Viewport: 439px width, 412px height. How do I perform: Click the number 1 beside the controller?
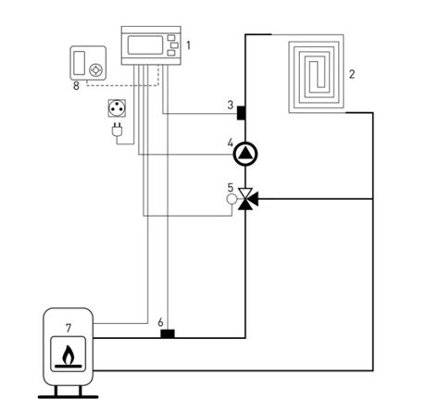pyautogui.click(x=188, y=45)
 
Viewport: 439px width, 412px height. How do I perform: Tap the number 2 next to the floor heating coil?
pyautogui.click(x=352, y=74)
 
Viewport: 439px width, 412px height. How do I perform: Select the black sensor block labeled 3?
pyautogui.click(x=241, y=113)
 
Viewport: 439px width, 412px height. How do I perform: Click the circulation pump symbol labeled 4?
pyautogui.click(x=245, y=154)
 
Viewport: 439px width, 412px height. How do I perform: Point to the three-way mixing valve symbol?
pyautogui.click(x=247, y=199)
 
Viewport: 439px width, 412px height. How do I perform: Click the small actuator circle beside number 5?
pyautogui.click(x=232, y=199)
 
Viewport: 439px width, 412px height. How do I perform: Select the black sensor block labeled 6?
pyautogui.click(x=168, y=333)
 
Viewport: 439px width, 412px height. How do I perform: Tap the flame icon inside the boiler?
pyautogui.click(x=69, y=355)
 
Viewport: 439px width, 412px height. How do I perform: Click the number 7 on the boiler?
pyautogui.click(x=69, y=328)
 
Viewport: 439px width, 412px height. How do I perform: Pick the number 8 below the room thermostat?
pyautogui.click(x=76, y=85)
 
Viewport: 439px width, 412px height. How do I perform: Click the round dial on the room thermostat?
pyautogui.click(x=95, y=70)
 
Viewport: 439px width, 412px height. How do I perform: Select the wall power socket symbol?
pyautogui.click(x=117, y=108)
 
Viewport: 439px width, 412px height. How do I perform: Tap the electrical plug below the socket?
pyautogui.click(x=117, y=130)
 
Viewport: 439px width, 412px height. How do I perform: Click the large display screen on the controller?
pyautogui.click(x=145, y=45)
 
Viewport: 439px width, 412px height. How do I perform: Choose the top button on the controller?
pyautogui.click(x=171, y=38)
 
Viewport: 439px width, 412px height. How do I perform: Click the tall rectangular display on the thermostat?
pyautogui.click(x=80, y=63)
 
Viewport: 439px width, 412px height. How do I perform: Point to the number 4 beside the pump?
pyautogui.click(x=231, y=143)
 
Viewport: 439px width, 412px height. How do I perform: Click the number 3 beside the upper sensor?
pyautogui.click(x=231, y=106)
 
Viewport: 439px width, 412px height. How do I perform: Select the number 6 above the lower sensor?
pyautogui.click(x=160, y=322)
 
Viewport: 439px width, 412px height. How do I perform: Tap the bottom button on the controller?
pyautogui.click(x=171, y=53)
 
